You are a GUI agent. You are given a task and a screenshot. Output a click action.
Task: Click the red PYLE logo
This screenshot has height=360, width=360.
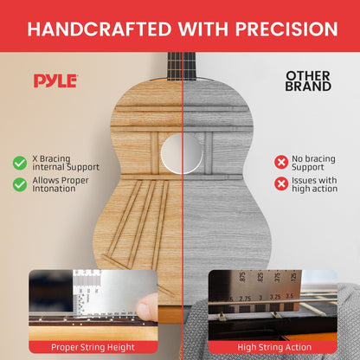55,81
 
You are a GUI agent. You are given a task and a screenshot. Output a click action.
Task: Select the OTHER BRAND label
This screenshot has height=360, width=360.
308,81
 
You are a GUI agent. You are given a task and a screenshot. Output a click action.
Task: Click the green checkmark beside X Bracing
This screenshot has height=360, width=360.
19,163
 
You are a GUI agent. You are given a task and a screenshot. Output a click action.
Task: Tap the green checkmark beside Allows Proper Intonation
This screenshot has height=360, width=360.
19,184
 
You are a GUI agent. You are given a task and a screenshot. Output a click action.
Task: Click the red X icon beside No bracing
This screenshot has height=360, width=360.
281,162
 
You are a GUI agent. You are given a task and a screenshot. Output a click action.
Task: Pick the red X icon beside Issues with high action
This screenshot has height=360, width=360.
281,183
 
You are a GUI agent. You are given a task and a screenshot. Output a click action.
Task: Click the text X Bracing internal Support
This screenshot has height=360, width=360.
65,163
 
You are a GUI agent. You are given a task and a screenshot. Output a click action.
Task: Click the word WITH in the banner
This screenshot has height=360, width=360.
195,29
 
